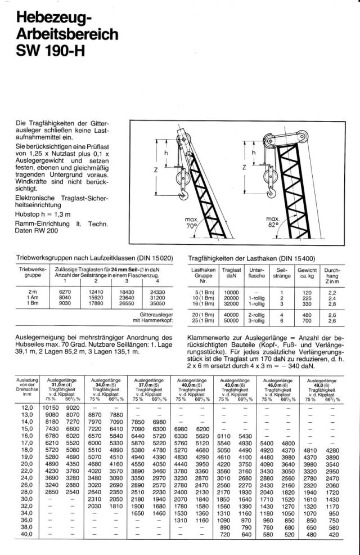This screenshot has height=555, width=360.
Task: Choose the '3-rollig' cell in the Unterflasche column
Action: coord(256,320)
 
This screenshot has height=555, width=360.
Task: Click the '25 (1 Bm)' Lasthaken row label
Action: coord(201,320)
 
